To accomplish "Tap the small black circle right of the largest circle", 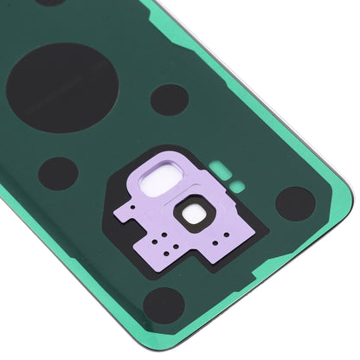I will [x=169, y=100].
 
